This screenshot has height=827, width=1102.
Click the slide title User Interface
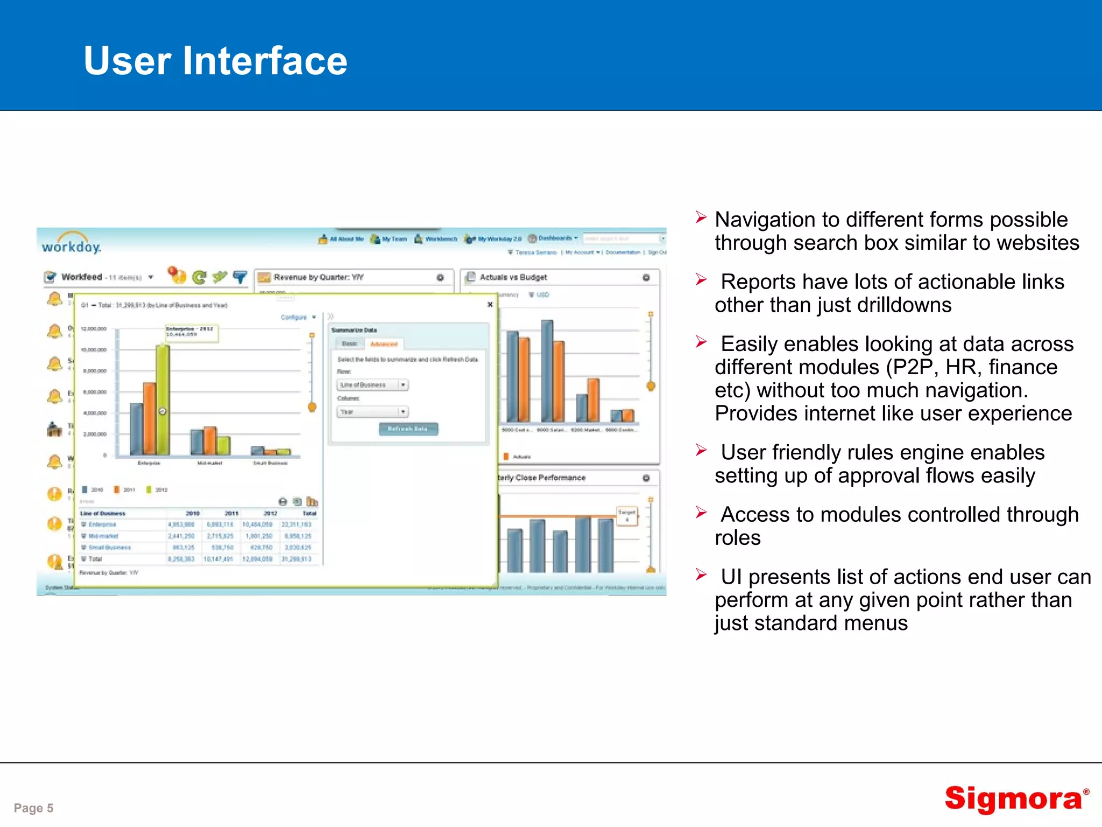tap(215, 60)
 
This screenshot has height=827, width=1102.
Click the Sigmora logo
tap(1014, 798)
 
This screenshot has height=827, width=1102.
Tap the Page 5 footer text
tap(33, 808)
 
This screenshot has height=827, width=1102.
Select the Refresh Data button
tap(408, 429)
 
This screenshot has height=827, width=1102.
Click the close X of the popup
tap(490, 305)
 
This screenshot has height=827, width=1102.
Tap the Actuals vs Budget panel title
tap(513, 277)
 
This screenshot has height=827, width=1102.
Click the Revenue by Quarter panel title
tap(319, 277)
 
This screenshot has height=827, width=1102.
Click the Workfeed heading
tap(81, 277)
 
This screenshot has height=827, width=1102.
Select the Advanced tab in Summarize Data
tap(384, 344)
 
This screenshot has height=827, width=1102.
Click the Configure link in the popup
tap(294, 317)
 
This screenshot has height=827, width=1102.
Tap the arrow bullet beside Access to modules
tap(701, 512)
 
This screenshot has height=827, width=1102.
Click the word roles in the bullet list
tap(737, 538)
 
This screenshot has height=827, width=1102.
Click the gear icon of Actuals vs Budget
tap(646, 277)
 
